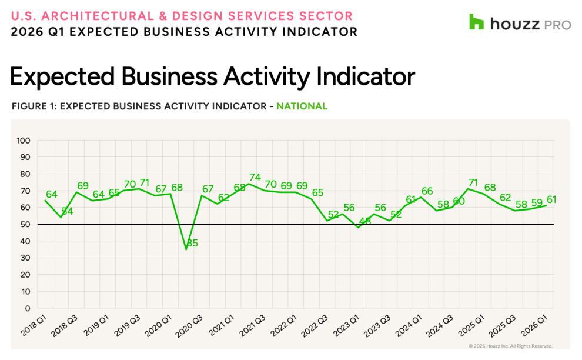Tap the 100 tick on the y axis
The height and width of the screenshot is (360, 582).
coord(24,141)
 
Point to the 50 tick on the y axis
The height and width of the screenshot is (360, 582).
coord(25,224)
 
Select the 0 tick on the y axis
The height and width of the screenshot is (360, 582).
coord(27,308)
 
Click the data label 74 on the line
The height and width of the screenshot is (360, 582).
coord(255,177)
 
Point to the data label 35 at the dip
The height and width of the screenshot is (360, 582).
coord(192,243)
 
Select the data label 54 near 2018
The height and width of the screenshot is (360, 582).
coord(67,211)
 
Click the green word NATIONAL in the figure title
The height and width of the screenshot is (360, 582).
coord(302,106)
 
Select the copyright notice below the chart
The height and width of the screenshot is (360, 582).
coord(510,346)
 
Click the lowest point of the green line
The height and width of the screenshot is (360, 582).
coord(186,249)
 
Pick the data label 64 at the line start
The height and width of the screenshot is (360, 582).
coord(52,194)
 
